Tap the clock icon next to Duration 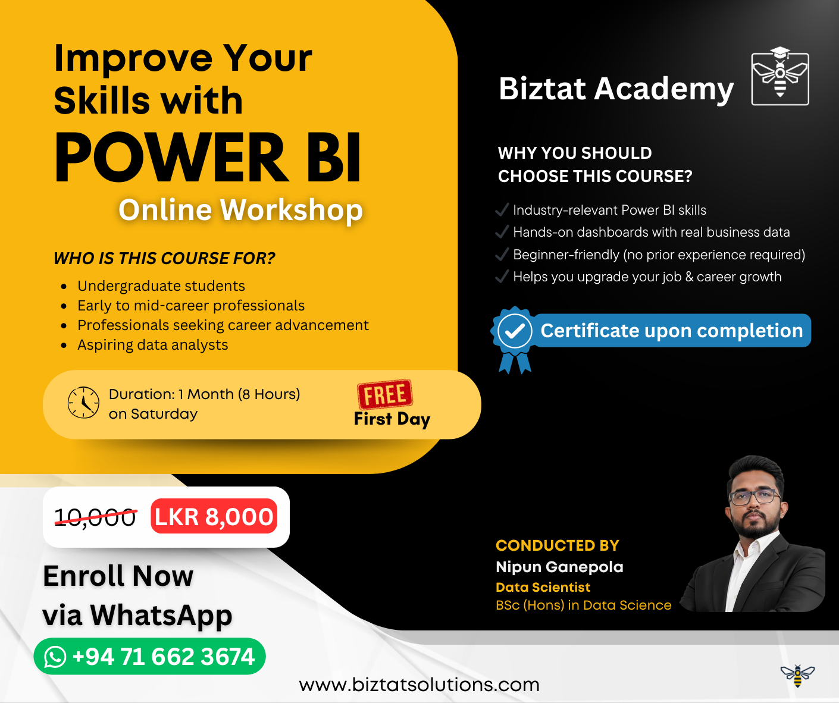coord(83,403)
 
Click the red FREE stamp coord(385,394)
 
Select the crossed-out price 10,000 coord(95,517)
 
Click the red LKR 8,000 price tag coord(214,516)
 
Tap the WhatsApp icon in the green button coord(55,657)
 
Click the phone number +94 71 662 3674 coord(163,657)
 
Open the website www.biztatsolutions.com coord(419,685)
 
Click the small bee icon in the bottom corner coord(797,675)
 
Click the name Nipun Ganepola coord(559,567)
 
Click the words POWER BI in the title coord(208,158)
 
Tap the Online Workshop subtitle coord(240,210)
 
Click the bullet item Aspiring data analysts coord(152,345)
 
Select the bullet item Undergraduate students coord(161,286)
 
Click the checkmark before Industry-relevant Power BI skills coord(502,210)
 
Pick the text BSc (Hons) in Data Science coord(583,605)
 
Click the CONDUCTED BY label coord(557,545)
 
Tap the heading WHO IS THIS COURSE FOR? coord(164,259)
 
